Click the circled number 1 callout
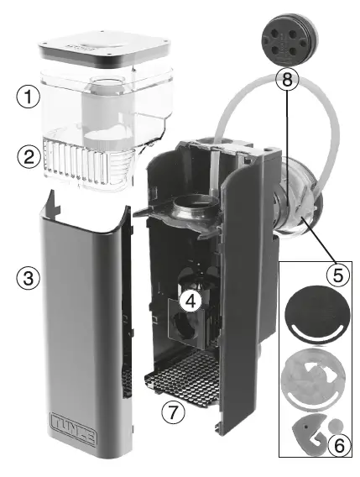coord(29,97)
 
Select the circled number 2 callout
coord(29,156)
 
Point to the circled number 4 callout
coord(192,302)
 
